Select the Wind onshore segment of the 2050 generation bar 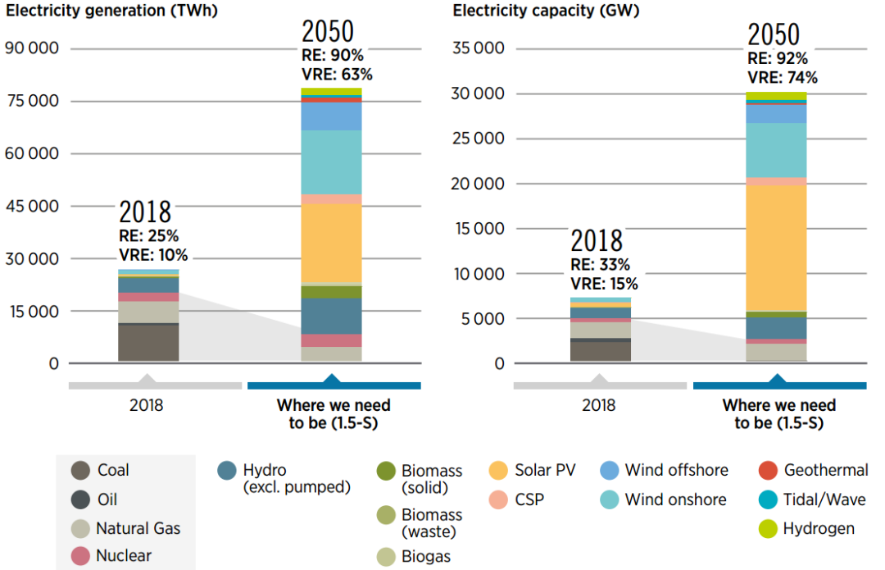coord(332,162)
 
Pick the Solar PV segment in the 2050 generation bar coord(332,243)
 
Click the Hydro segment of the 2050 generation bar coord(332,316)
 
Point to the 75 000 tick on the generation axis coord(33,101)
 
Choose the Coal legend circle coord(80,471)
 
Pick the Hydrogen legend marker coord(768,529)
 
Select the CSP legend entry coord(529,499)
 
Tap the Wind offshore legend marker coord(609,470)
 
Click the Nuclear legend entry coord(123,555)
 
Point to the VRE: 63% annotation coord(337,74)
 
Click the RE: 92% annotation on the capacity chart coord(777,59)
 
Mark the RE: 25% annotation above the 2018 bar coord(148,236)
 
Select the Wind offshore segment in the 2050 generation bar coord(332,116)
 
